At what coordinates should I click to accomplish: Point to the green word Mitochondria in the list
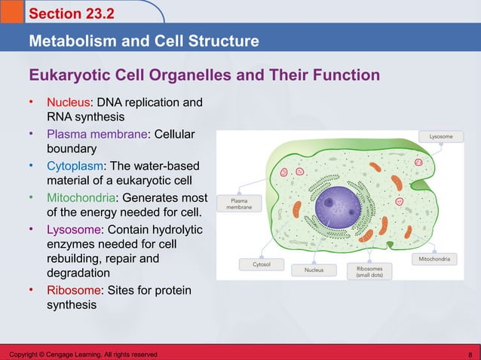(x=81, y=197)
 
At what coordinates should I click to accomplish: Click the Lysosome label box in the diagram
(x=441, y=137)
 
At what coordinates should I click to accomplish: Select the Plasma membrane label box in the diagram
(x=239, y=204)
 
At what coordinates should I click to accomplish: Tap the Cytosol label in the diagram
(x=251, y=264)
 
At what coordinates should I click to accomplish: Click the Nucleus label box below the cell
(x=314, y=269)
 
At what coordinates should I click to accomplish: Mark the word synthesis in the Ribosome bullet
(x=72, y=305)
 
